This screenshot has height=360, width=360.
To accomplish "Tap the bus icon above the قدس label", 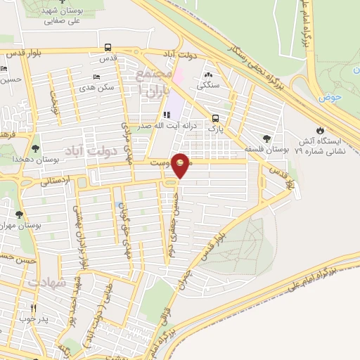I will click(x=108, y=48).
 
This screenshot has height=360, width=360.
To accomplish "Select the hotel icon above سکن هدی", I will click(x=96, y=77).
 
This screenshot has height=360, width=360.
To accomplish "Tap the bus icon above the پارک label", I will click(x=215, y=118).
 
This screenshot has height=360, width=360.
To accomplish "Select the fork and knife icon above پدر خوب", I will click(x=33, y=308).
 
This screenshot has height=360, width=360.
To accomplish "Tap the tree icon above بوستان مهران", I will click(x=19, y=214).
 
